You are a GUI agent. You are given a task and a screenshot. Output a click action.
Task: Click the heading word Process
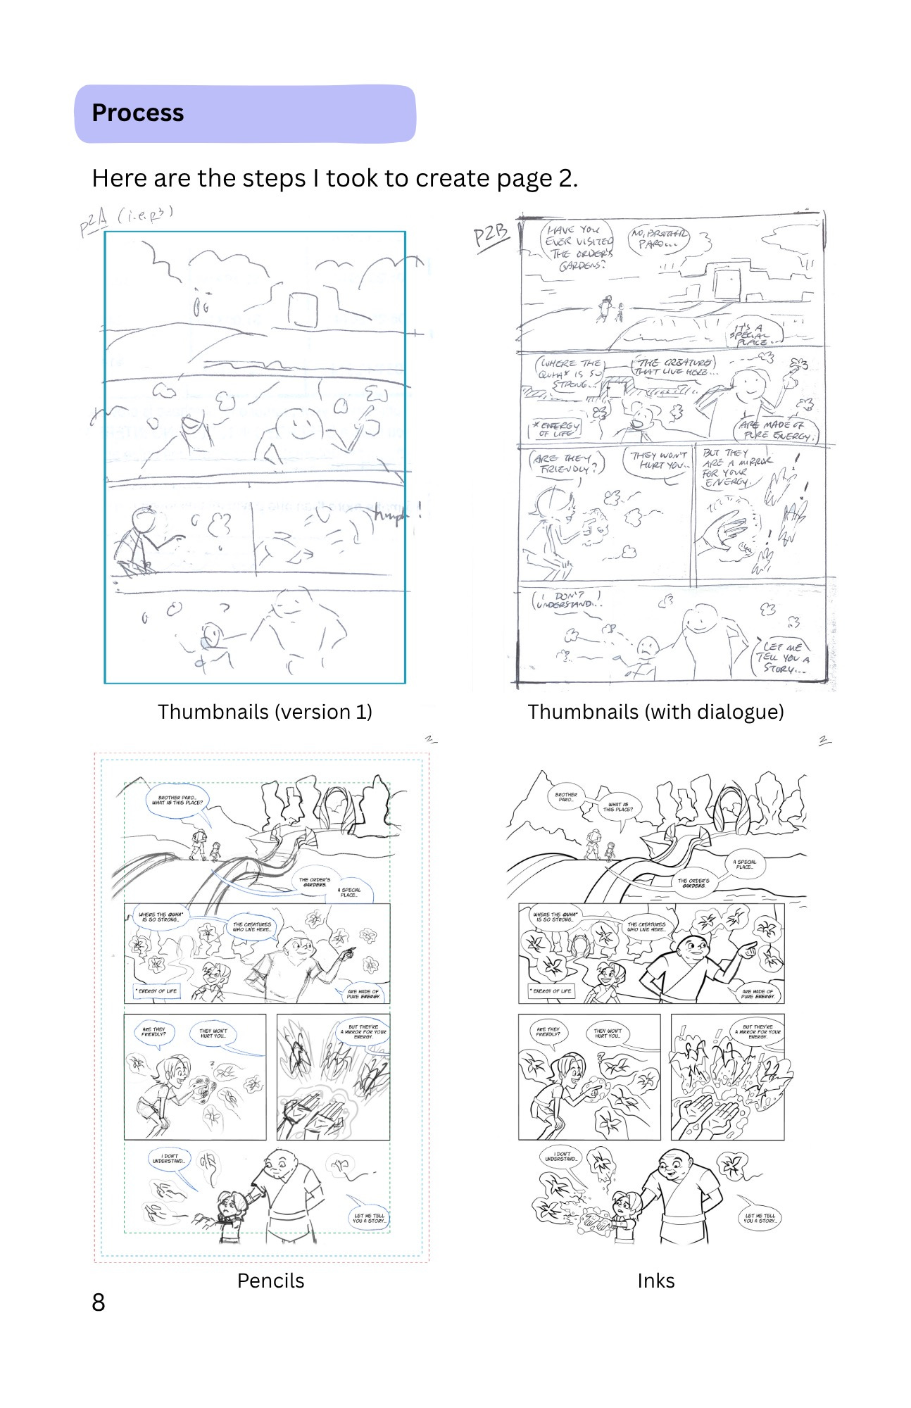point(138,113)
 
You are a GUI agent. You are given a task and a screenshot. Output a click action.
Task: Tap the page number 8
point(99,1303)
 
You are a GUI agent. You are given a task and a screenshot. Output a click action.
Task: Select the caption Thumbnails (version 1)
point(265,712)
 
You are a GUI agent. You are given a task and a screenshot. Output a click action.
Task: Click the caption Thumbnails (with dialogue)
point(655,712)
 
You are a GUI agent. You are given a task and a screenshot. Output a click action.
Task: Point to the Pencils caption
point(270,1281)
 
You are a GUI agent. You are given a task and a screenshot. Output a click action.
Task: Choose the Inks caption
point(655,1281)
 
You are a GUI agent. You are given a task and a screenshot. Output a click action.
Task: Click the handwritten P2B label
point(490,235)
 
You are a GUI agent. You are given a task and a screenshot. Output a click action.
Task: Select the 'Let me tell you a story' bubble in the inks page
point(760,1218)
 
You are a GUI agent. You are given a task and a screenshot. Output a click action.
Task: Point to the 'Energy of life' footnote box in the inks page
point(552,991)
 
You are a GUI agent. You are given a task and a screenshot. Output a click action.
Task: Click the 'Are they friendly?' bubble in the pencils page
point(154,1032)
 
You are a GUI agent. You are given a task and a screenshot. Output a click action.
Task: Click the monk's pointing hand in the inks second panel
point(748,950)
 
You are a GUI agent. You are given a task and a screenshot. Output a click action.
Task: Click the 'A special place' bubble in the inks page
point(744,864)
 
